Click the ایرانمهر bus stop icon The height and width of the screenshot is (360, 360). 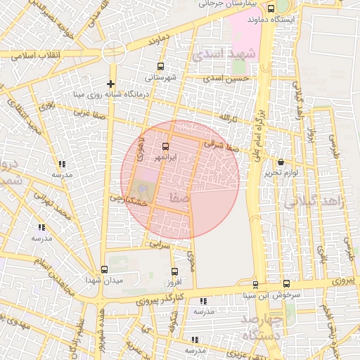[165, 146]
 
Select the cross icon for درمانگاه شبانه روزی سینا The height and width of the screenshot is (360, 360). [111, 84]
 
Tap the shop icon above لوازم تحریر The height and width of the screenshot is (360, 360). [280, 162]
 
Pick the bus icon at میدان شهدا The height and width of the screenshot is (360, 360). [105, 270]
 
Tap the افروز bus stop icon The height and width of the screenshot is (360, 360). [174, 271]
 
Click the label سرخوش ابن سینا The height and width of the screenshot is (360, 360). [275, 295]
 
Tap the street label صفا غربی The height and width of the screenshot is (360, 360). [91, 112]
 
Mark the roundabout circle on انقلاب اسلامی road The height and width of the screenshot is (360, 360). [111, 53]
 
